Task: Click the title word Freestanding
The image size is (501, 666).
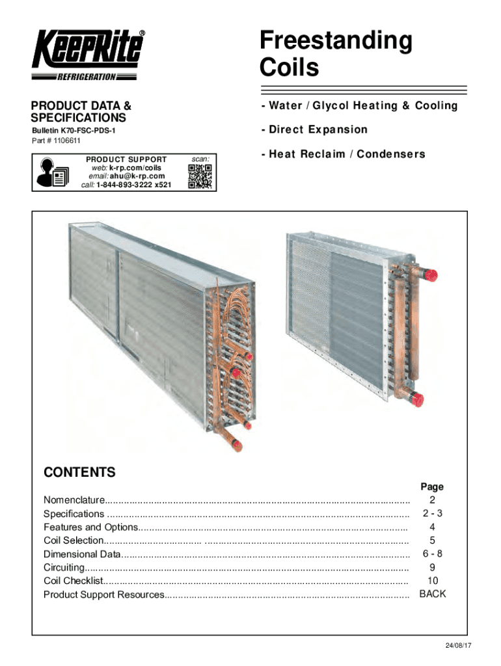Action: click(x=336, y=41)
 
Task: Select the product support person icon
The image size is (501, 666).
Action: click(x=51, y=172)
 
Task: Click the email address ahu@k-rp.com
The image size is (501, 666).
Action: click(x=137, y=176)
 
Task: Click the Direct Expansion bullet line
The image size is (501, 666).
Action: click(x=314, y=129)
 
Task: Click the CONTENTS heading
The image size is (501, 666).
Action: click(x=79, y=473)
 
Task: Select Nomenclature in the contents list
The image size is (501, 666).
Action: click(x=74, y=500)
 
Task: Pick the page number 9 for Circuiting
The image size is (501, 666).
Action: click(x=432, y=567)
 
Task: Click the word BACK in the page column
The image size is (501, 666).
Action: click(x=433, y=594)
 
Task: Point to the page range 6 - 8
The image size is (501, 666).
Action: click(x=432, y=553)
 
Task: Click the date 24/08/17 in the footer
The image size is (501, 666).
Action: click(x=459, y=645)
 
